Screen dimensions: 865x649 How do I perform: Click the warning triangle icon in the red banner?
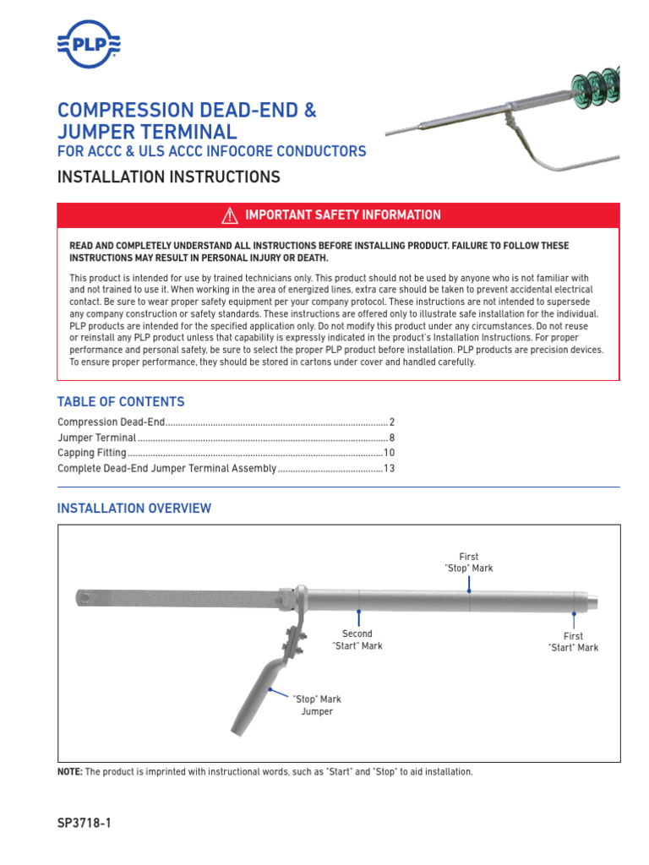229,216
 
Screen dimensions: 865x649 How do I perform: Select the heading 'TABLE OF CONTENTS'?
120,402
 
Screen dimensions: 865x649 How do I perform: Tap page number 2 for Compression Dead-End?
392,422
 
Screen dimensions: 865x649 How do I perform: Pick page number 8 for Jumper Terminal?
392,438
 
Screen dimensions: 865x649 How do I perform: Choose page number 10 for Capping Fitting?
390,453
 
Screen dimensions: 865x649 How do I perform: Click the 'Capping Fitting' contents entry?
91,453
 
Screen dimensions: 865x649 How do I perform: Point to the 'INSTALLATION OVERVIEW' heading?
134,509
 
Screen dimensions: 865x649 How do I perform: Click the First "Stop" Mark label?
468,563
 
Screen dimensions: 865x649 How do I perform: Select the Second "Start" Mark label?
357,639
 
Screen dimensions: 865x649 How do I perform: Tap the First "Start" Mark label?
573,642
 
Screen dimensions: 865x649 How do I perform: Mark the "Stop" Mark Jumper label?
317,705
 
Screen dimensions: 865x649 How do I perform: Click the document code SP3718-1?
84,823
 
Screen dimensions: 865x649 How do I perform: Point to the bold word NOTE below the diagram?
69,772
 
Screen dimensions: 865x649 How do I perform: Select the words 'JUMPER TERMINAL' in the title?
147,132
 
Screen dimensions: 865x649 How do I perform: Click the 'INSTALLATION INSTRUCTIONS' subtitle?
167,177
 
